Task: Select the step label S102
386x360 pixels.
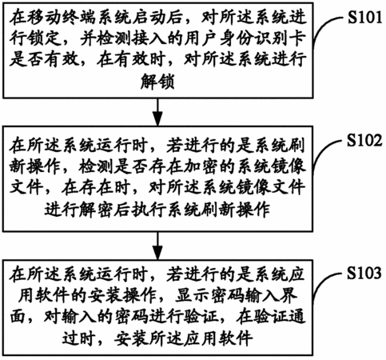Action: click(x=364, y=140)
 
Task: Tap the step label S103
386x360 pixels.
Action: click(x=364, y=273)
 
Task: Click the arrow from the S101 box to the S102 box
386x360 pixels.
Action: click(x=158, y=112)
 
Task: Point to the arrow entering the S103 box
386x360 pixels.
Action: click(x=158, y=246)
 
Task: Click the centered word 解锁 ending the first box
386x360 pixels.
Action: click(x=157, y=82)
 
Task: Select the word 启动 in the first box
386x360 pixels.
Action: click(x=149, y=18)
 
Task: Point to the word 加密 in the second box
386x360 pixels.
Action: click(x=201, y=167)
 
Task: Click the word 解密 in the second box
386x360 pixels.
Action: click(x=97, y=210)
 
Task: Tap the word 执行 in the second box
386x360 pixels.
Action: click(x=149, y=210)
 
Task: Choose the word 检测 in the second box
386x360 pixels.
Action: click(x=97, y=167)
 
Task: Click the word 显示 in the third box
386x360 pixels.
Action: click(x=193, y=295)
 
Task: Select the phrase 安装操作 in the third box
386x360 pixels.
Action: click(x=123, y=295)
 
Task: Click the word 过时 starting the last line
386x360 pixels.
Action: click(x=79, y=338)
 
